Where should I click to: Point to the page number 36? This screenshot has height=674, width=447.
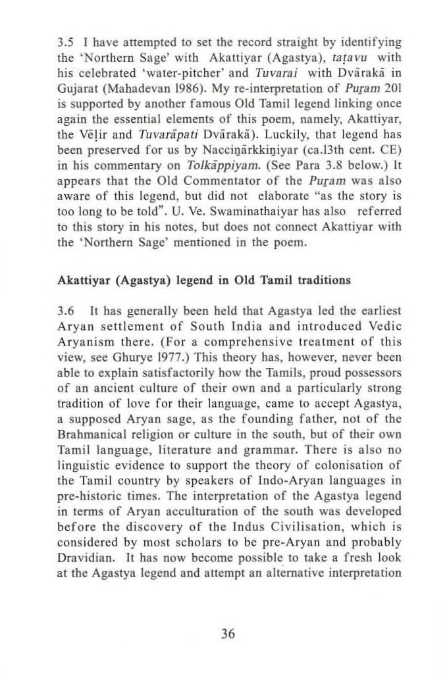pyautogui.click(x=228, y=633)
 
